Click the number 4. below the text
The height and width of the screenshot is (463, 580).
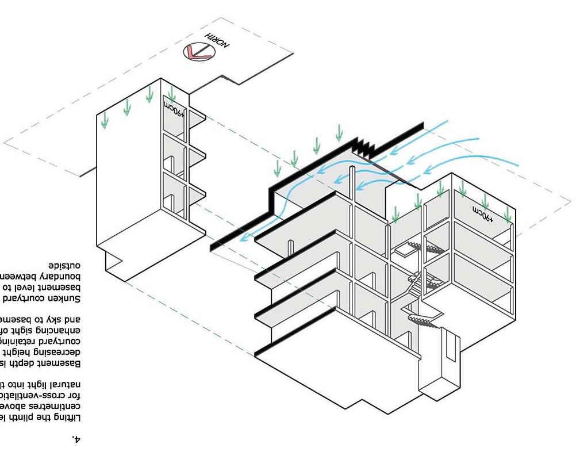[76, 439]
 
